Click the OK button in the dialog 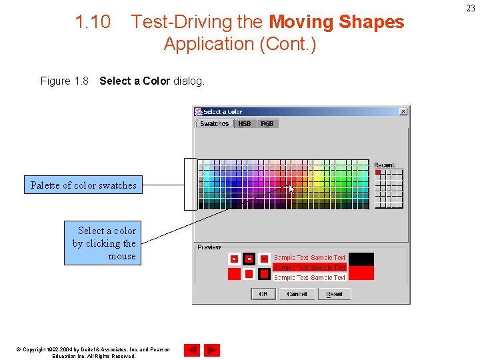[x=263, y=294]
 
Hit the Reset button [x=334, y=294]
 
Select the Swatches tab [x=214, y=124]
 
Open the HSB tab [x=245, y=124]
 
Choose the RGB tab [x=267, y=124]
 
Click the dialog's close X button [x=403, y=111]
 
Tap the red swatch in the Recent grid [x=378, y=172]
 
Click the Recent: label [x=385, y=165]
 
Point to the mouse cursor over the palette [x=291, y=189]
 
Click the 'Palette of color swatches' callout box [x=83, y=185]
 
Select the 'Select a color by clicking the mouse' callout [x=103, y=243]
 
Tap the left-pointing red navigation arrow [x=191, y=350]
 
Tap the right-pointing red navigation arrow [x=212, y=350]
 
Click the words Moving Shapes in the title [x=336, y=22]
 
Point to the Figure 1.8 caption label [x=64, y=81]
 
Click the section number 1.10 [x=93, y=22]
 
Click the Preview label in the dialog [x=209, y=247]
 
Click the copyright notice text [x=93, y=353]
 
